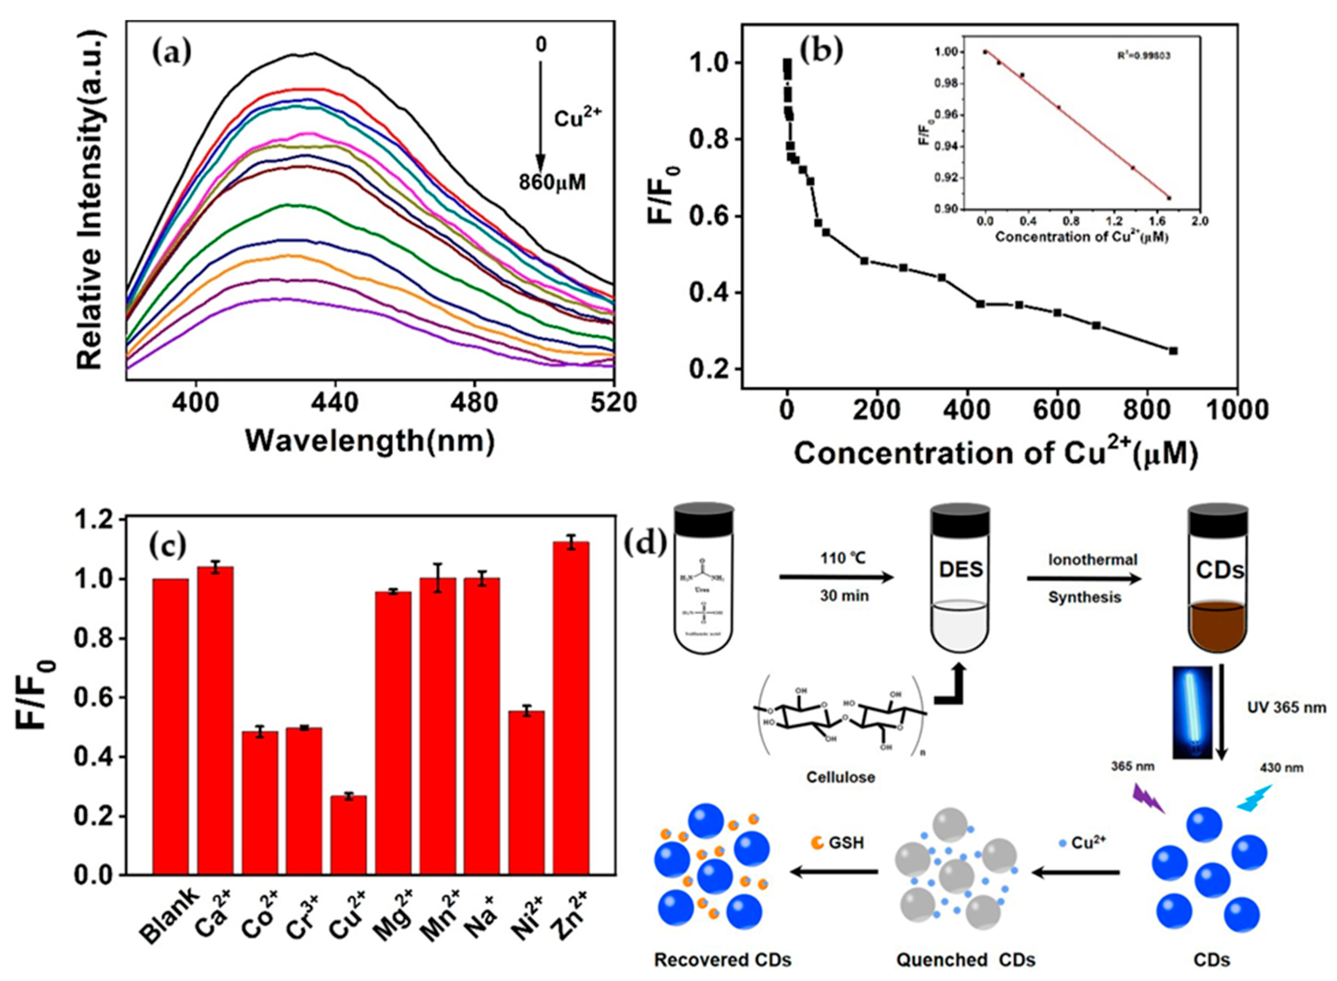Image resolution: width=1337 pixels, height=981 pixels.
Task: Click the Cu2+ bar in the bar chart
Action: [348, 835]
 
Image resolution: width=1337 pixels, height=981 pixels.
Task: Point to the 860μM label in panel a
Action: [552, 182]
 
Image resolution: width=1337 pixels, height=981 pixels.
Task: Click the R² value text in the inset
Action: [1143, 57]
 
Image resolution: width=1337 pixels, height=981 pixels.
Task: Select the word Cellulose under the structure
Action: [840, 777]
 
